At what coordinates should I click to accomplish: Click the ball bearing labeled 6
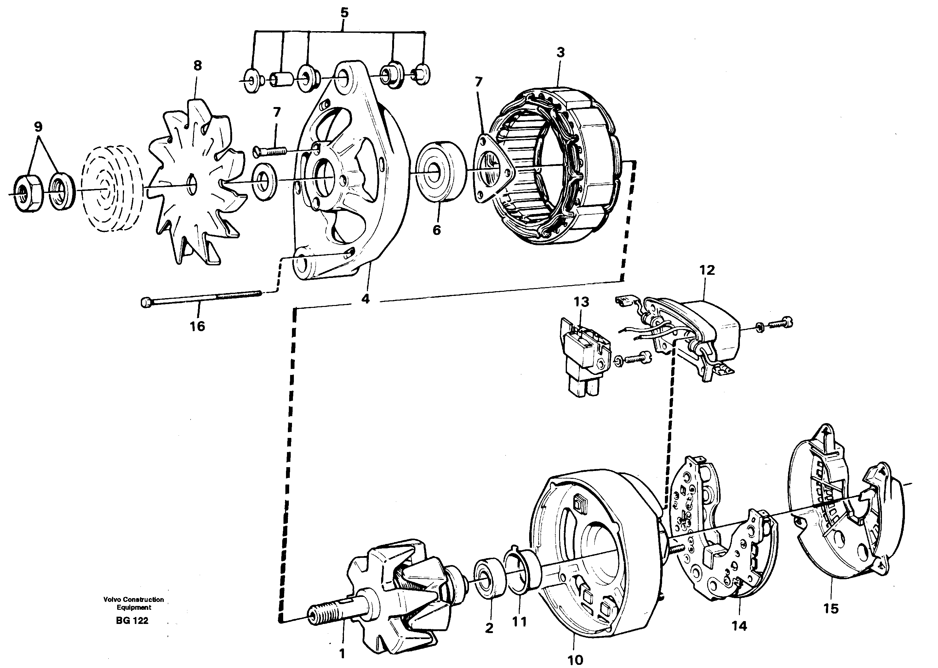[x=440, y=172]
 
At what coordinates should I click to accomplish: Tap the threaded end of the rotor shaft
[x=325, y=614]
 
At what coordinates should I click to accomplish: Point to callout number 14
[x=739, y=626]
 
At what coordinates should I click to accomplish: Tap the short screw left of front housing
[x=270, y=151]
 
